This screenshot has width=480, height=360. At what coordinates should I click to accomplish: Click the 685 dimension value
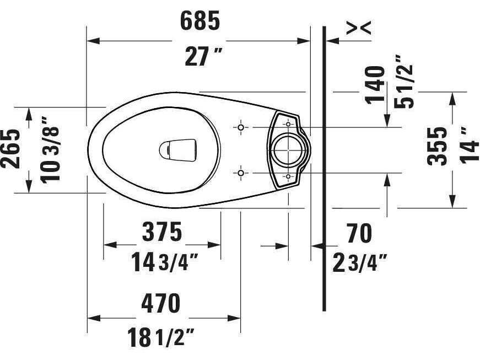(x=200, y=21)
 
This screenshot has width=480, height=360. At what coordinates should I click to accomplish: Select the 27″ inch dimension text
(x=200, y=57)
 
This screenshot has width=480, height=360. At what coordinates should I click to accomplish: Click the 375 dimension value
(x=161, y=232)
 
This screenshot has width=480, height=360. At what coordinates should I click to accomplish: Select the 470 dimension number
(x=161, y=303)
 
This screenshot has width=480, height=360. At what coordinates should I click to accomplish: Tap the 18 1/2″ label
(x=161, y=337)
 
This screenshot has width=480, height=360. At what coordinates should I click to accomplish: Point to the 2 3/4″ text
(x=359, y=263)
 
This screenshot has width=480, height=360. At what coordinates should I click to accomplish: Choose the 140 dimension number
(x=376, y=84)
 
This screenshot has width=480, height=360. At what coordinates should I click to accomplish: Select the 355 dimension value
(x=439, y=146)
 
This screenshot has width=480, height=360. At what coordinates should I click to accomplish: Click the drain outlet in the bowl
(x=177, y=150)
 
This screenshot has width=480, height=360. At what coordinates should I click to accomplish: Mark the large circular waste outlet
(x=288, y=149)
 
